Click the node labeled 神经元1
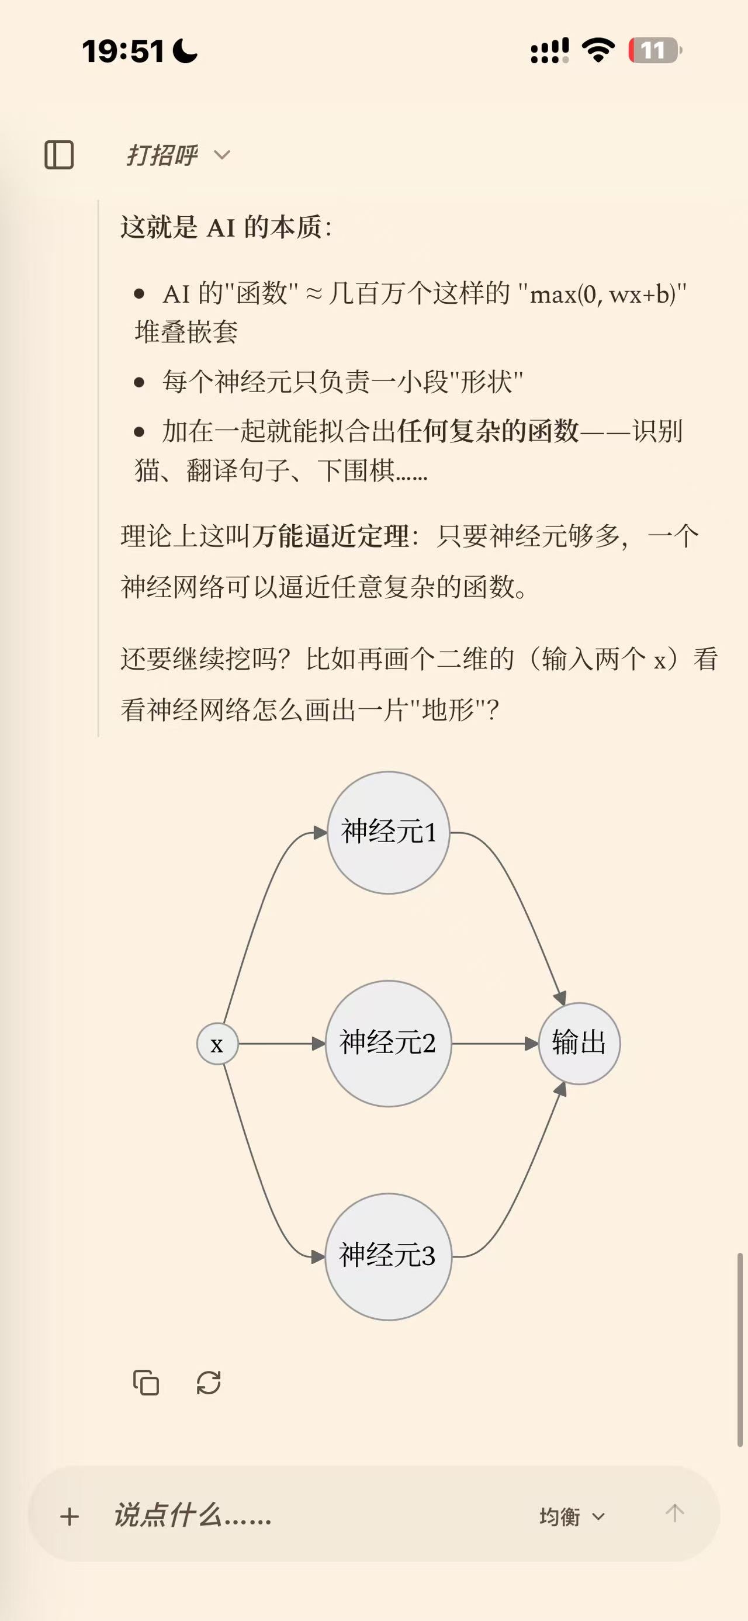(388, 833)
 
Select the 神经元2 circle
(388, 1043)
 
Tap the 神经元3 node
(388, 1256)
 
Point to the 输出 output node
(579, 1043)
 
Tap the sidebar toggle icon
(59, 155)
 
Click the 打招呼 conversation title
(162, 155)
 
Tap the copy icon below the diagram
(146, 1383)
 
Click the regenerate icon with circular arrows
(209, 1383)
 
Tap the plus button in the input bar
(70, 1516)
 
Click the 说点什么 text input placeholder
(192, 1515)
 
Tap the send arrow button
(674, 1513)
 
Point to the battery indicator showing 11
(655, 50)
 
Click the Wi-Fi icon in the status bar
(598, 50)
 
